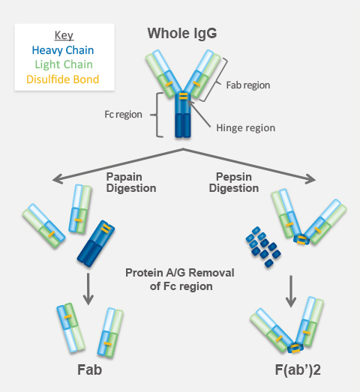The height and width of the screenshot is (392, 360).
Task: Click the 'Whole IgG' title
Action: pyautogui.click(x=182, y=34)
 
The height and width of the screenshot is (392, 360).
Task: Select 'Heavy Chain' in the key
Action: pyautogui.click(x=63, y=50)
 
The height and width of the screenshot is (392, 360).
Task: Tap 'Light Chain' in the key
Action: pyautogui.click(x=64, y=64)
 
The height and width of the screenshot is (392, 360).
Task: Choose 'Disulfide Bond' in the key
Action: pyautogui.click(x=63, y=79)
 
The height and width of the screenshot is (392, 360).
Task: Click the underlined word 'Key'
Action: pyautogui.click(x=64, y=35)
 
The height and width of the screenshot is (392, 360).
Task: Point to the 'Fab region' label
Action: pyautogui.click(x=248, y=85)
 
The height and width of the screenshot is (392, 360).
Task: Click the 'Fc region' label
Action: pyautogui.click(x=123, y=114)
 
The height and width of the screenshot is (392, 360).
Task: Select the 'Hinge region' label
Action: pyautogui.click(x=246, y=127)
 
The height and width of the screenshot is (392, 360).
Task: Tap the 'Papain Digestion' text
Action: pyautogui.click(x=131, y=182)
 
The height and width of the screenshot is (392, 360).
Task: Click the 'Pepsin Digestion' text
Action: pyautogui.click(x=234, y=182)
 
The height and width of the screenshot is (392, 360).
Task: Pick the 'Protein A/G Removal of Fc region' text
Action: pyautogui.click(x=180, y=280)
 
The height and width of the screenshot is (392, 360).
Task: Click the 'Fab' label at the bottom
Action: pyautogui.click(x=89, y=370)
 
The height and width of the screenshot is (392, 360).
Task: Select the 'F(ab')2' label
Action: pyautogui.click(x=298, y=370)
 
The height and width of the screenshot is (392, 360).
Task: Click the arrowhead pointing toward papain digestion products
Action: pyautogui.click(x=58, y=179)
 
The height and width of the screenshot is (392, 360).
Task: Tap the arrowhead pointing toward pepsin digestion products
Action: pyautogui.click(x=310, y=179)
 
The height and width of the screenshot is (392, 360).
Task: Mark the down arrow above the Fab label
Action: pyautogui.click(x=88, y=289)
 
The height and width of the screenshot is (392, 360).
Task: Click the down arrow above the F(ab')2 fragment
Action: pyautogui.click(x=291, y=292)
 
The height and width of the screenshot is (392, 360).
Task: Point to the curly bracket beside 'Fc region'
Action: pyautogui.click(x=157, y=115)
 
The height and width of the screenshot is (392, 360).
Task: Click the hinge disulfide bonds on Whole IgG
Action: pyautogui.click(x=183, y=96)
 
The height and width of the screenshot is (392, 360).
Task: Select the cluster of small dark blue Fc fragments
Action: pyautogui.click(x=263, y=247)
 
